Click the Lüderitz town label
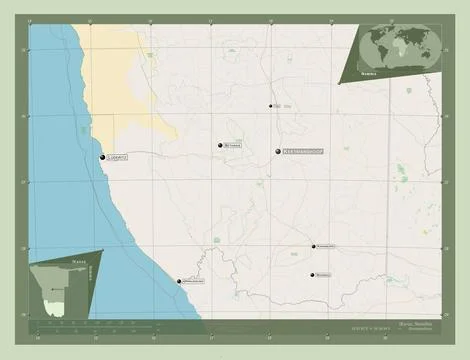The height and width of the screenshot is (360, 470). [118, 158]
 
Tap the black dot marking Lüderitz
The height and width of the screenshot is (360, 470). [102, 157]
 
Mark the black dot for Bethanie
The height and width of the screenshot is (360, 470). [218, 146]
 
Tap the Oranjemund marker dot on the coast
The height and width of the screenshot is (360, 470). [179, 281]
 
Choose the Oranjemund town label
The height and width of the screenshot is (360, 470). [195, 282]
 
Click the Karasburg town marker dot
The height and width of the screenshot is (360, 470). [311, 246]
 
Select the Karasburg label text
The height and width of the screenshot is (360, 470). [327, 246]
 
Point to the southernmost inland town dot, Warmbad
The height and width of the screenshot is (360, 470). [312, 275]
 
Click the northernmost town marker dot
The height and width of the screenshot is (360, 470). [270, 106]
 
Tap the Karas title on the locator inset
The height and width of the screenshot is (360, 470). [52, 260]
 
